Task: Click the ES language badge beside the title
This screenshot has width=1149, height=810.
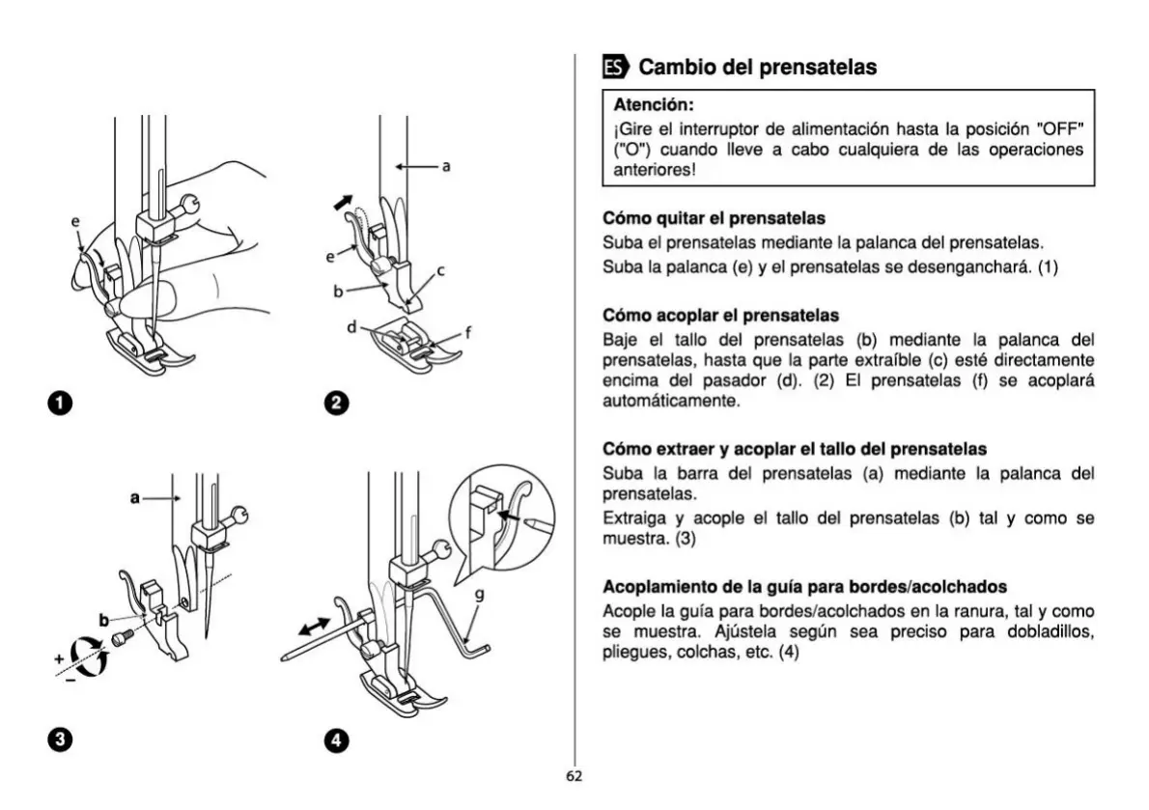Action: click(x=614, y=67)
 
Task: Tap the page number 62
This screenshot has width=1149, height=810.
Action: click(x=574, y=775)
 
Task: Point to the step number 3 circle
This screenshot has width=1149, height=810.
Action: click(x=61, y=740)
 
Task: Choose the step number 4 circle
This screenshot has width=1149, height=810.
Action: click(x=337, y=740)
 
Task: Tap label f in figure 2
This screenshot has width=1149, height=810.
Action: click(x=468, y=333)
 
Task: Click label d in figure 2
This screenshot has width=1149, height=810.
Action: click(x=353, y=327)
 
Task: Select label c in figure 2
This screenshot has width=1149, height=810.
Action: click(x=440, y=271)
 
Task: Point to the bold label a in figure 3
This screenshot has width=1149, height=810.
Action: click(x=135, y=498)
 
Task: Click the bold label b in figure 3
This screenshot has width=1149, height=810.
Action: click(x=103, y=619)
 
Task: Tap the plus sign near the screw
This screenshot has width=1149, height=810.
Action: click(x=60, y=658)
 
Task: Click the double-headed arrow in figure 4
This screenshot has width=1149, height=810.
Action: click(x=313, y=628)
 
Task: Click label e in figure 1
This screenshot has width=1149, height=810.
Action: click(x=74, y=222)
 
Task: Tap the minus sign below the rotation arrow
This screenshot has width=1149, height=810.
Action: click(x=70, y=681)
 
